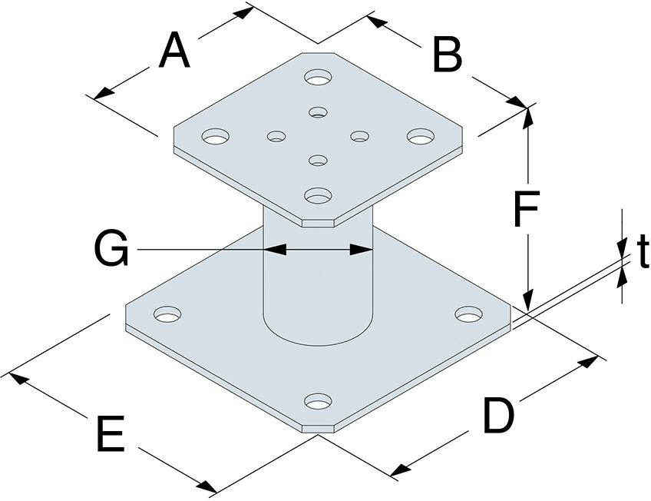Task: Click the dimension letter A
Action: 174,51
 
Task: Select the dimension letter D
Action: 498,416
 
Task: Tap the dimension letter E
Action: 111,434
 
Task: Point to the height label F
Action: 527,208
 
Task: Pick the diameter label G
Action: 111,249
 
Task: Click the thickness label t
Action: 643,251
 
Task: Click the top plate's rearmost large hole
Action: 319,78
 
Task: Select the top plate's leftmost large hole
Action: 215,136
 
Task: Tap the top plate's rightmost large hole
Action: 421,136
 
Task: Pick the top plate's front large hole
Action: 319,195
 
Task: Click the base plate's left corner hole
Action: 167,314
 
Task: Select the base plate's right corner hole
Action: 469,314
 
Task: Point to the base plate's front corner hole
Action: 319,401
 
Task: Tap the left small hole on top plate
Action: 276,136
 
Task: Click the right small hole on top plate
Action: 360,136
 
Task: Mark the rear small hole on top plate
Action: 319,112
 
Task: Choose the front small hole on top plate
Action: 319,161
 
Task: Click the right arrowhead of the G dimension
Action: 362,250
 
